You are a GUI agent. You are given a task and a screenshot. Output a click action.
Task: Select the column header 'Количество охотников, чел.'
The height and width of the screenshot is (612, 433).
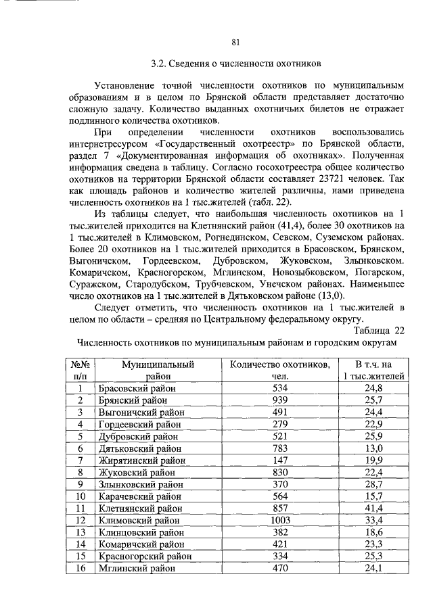(x=280, y=370)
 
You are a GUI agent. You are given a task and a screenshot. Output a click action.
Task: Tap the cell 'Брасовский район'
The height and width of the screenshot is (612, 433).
(x=137, y=387)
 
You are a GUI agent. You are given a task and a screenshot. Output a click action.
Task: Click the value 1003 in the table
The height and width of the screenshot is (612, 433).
(x=280, y=520)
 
